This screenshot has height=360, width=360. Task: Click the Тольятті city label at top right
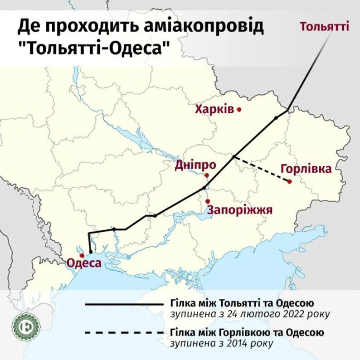pyautogui.click(x=324, y=26)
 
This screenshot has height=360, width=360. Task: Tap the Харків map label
pyautogui.click(x=214, y=109)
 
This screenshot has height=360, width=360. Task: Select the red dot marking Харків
pyautogui.click(x=239, y=109)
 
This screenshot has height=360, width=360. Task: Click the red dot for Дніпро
pyautogui.click(x=206, y=175)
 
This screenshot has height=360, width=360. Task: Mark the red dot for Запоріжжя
pyautogui.click(x=207, y=201)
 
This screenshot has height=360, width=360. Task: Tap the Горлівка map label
pyautogui.click(x=306, y=169)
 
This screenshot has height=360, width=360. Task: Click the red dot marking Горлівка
pyautogui.click(x=289, y=182)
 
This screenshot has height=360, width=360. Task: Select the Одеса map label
pyautogui.click(x=84, y=263)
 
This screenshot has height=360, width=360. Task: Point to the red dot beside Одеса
pyautogui.click(x=81, y=256)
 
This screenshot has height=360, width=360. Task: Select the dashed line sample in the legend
pyautogui.click(x=123, y=333)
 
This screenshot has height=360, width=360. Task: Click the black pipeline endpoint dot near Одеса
pyautogui.click(x=91, y=252)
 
